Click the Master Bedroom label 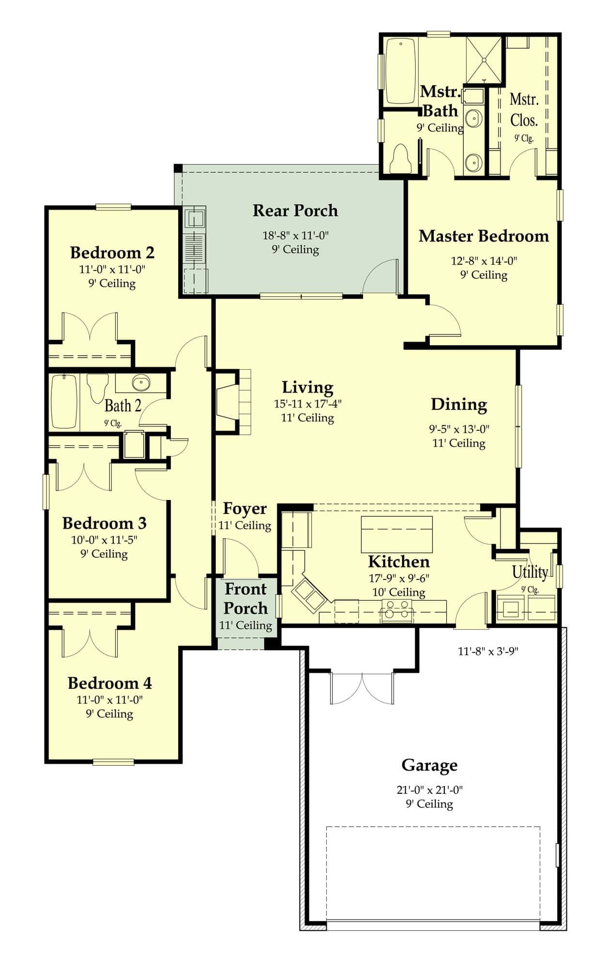point(484,236)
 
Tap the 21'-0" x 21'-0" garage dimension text point(429,790)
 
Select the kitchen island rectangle point(396,534)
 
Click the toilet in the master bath point(400,158)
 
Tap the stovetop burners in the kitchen point(396,610)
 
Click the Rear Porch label point(295,211)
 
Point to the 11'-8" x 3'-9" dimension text point(488,651)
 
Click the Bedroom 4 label point(109,683)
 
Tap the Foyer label point(244,509)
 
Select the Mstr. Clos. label point(524,110)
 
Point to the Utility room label point(530,572)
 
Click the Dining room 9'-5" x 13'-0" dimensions point(459,429)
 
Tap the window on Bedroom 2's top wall point(113,207)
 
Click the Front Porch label point(245,599)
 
